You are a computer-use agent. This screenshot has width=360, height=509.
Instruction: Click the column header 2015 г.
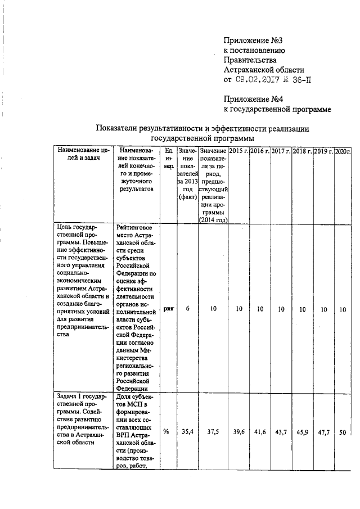tap(238, 152)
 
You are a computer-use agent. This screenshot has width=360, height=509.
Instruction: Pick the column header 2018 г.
tap(302, 152)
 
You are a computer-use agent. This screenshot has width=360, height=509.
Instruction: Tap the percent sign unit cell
tap(166, 431)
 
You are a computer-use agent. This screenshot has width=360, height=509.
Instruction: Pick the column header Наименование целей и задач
tap(82, 155)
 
